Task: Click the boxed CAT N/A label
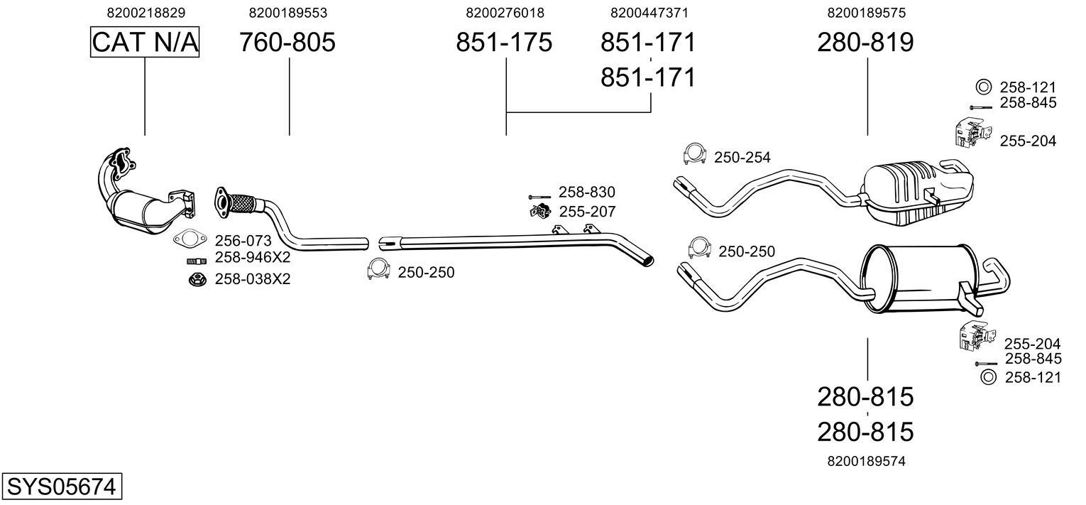pos(145,43)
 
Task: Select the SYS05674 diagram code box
pos(60,487)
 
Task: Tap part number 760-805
pos(287,43)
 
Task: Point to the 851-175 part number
pos(503,43)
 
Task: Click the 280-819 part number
pos(865,43)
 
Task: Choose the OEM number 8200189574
pos(866,461)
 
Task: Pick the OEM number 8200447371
pos(649,13)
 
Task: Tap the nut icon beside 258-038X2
pos(196,279)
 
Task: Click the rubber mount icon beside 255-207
pos(542,211)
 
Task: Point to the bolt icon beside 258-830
pos(540,196)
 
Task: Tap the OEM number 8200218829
pos(146,13)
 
